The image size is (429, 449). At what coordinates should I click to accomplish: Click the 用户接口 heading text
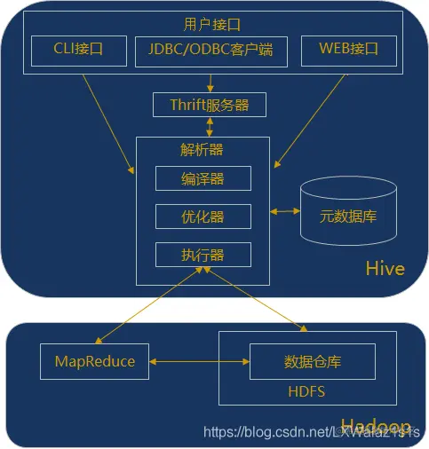[210, 25]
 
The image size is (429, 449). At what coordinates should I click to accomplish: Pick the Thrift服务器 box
[209, 105]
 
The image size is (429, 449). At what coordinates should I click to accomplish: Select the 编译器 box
[203, 178]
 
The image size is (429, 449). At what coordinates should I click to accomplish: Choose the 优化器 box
[203, 216]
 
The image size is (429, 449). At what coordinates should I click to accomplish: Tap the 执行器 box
[203, 255]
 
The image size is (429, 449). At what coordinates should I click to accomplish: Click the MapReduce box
[95, 361]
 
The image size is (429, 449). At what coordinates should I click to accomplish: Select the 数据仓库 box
[312, 362]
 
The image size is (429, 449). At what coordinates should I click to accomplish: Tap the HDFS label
[306, 390]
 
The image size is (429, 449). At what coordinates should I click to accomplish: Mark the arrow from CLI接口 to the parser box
[108, 119]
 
